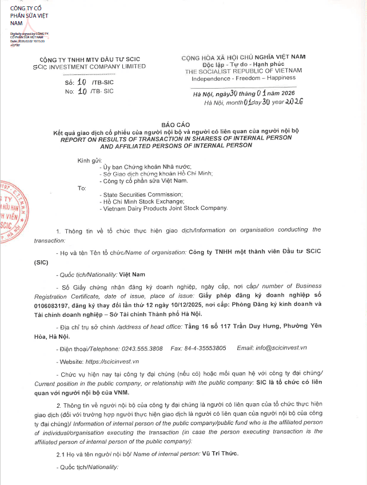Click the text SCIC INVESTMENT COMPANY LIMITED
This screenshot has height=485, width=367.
[x=89, y=66]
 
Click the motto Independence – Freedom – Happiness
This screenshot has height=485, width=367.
[x=243, y=78]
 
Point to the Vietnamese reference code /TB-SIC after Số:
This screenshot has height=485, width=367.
[x=103, y=82]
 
